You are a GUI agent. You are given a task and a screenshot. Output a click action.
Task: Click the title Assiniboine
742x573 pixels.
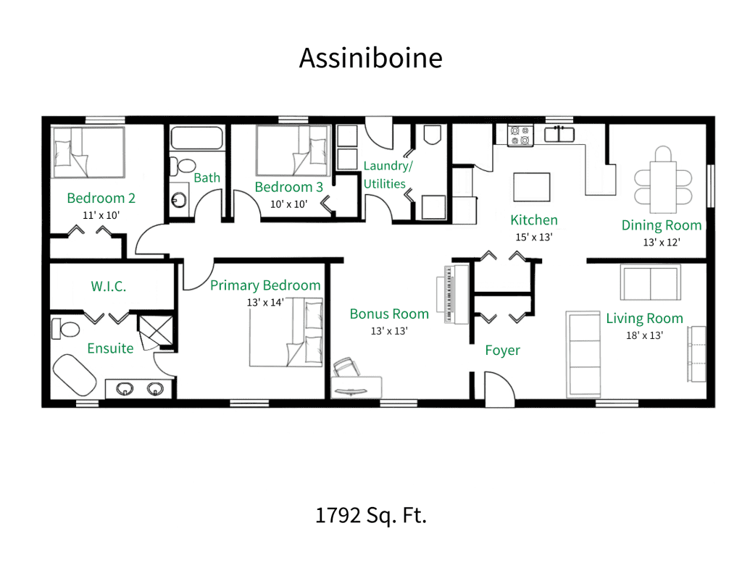(370, 58)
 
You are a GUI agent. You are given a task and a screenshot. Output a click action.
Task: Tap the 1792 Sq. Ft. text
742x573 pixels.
(370, 515)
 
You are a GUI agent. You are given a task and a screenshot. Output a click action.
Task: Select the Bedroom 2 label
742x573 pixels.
(101, 198)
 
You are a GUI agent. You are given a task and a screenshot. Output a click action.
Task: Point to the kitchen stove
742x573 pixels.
(520, 134)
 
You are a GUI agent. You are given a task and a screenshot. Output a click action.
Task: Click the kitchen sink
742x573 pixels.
(559, 133)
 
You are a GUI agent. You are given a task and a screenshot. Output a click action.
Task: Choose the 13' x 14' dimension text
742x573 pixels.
(265, 301)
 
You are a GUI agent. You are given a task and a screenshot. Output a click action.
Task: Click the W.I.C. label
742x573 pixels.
(109, 286)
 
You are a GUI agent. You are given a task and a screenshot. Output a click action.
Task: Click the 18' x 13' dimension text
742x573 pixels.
(644, 335)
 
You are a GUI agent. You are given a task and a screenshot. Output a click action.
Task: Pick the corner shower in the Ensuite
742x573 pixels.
(153, 331)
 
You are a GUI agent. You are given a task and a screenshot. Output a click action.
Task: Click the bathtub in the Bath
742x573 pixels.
(196, 138)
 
